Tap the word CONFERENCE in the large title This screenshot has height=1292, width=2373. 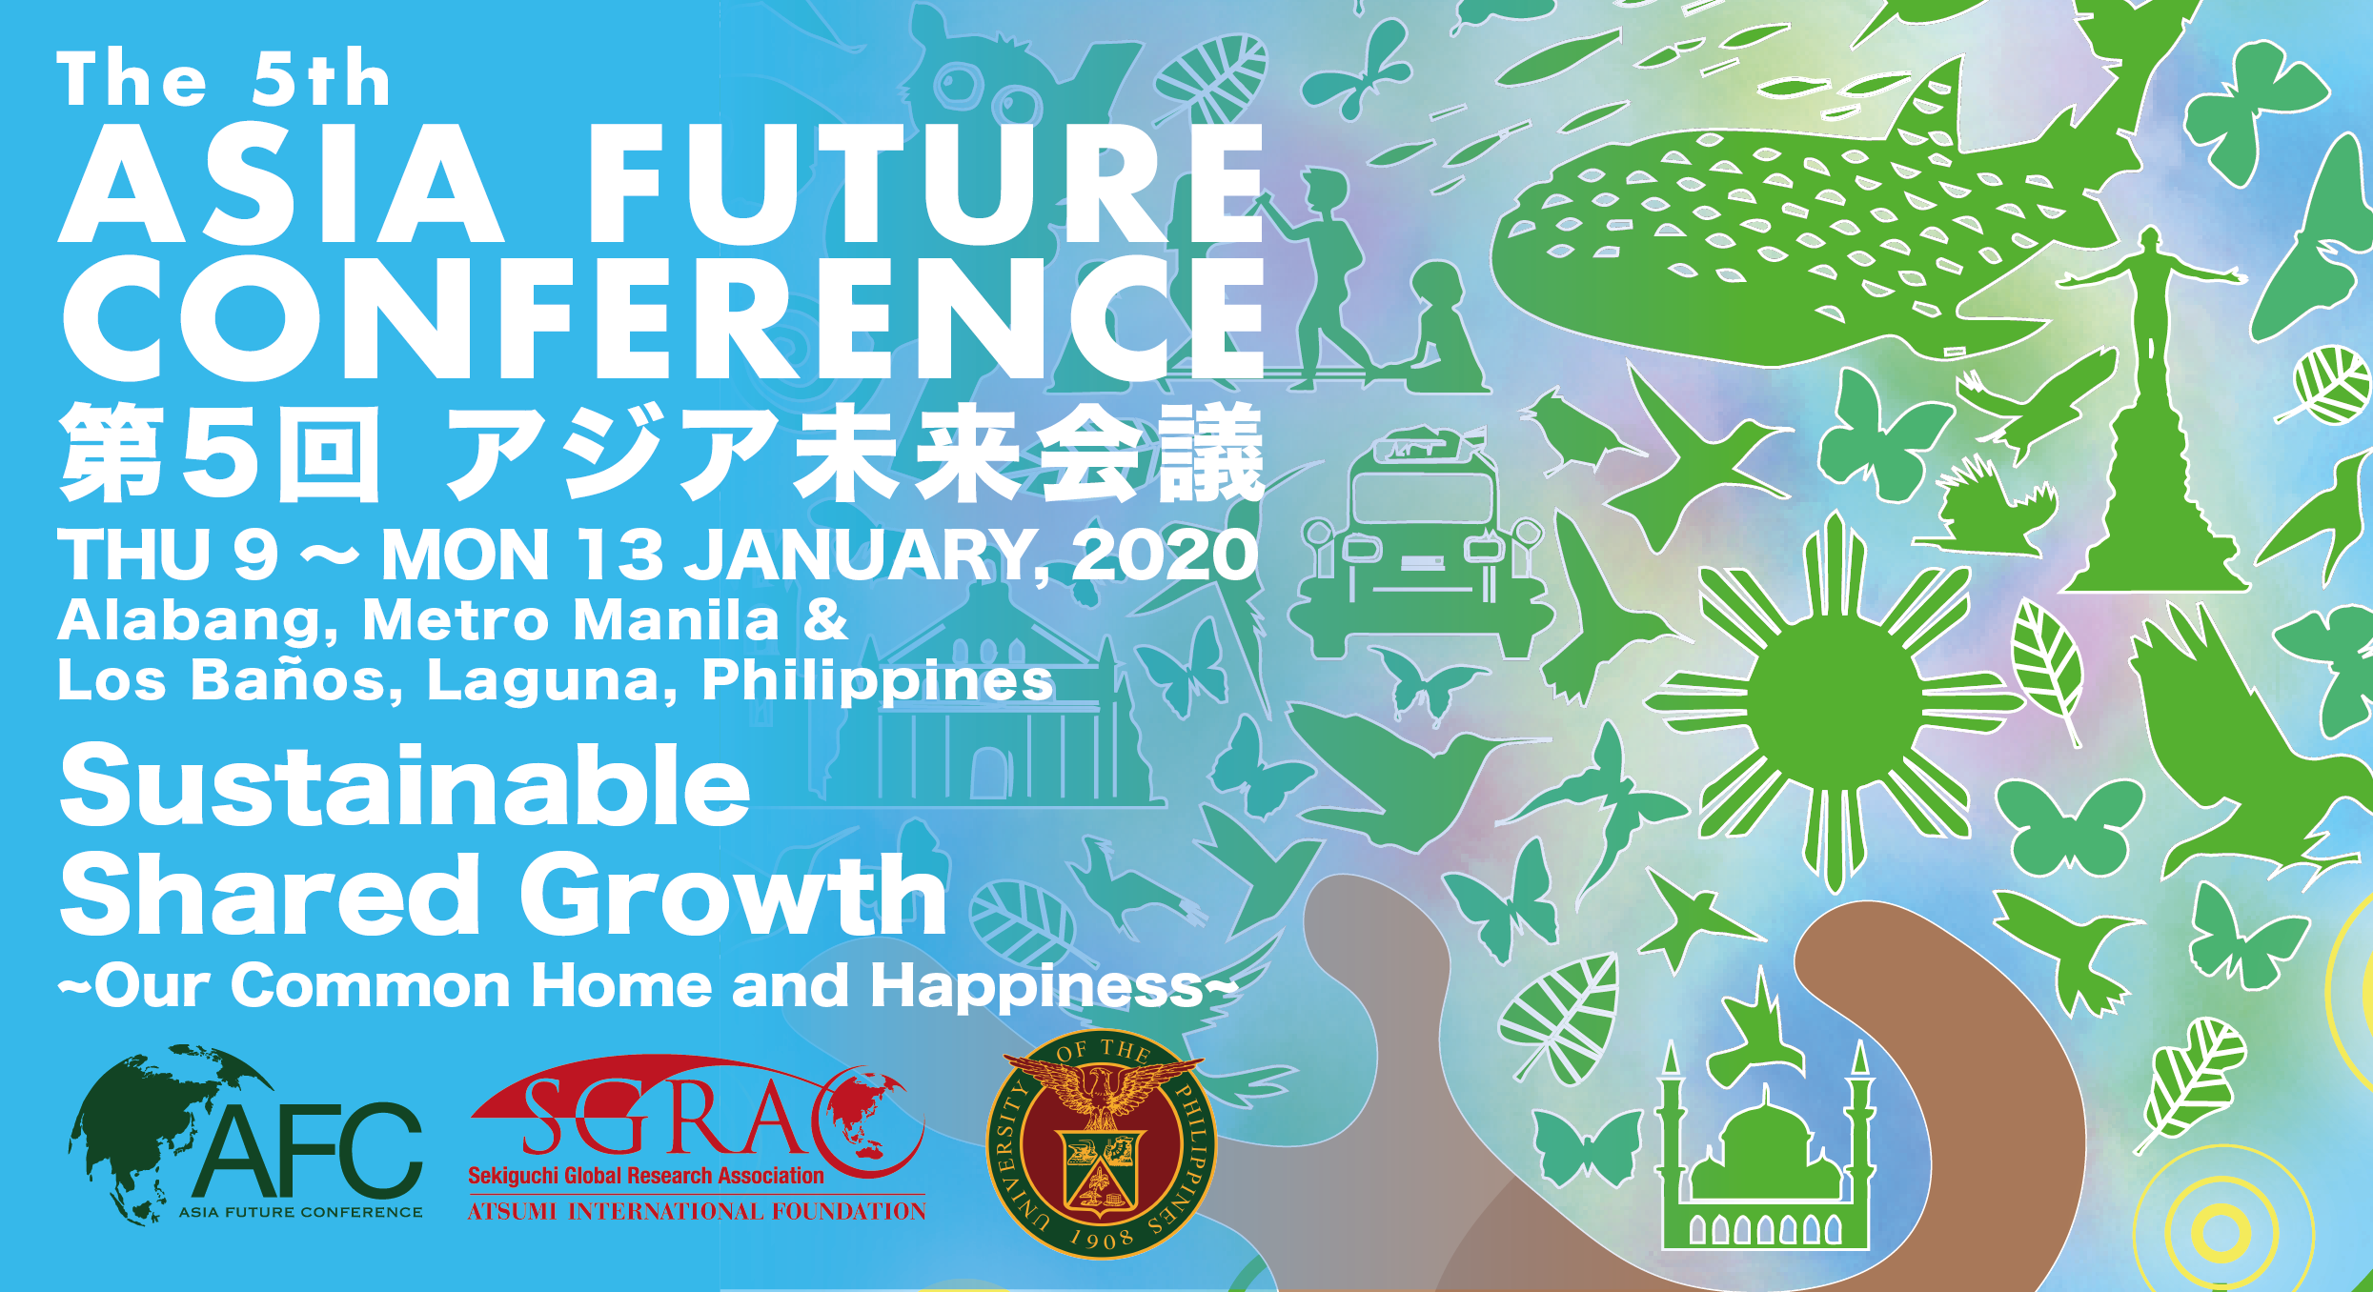click(x=662, y=319)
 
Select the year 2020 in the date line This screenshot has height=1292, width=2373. click(x=1165, y=555)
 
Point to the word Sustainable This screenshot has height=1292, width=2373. click(x=405, y=787)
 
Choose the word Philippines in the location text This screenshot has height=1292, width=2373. click(x=877, y=680)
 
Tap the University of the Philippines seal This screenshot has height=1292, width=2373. click(x=1101, y=1143)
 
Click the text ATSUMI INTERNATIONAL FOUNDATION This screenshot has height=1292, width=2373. click(x=696, y=1212)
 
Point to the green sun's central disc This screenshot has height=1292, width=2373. click(x=1835, y=703)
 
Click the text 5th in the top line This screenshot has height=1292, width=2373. click(x=320, y=80)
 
